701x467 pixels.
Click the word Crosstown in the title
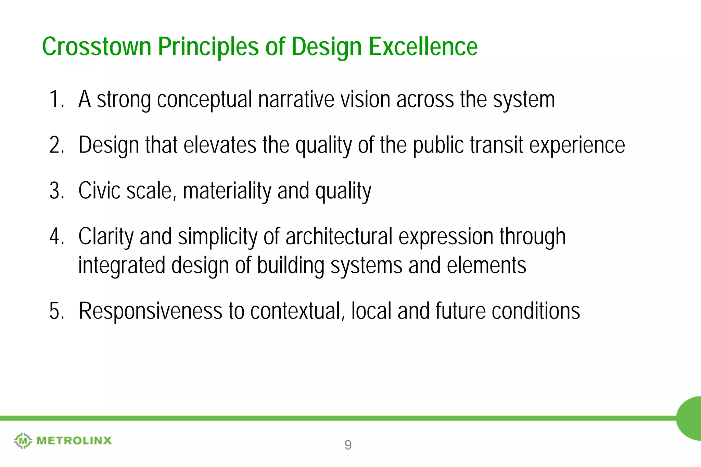point(97,47)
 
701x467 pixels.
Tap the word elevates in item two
point(220,145)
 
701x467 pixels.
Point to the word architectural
point(339,237)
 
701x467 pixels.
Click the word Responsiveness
point(151,311)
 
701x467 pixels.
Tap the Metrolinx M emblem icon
point(23,441)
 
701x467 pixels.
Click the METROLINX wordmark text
point(74,441)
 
